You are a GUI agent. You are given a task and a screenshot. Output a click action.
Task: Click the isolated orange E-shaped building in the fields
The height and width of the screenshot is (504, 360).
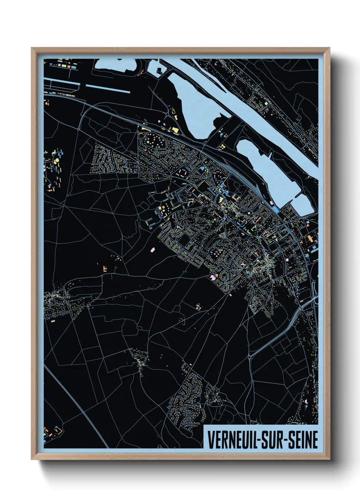[105, 268]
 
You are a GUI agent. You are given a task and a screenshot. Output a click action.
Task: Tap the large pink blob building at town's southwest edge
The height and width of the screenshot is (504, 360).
[214, 277]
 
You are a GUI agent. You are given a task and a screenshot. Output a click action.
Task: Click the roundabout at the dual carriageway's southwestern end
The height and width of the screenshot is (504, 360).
[250, 357]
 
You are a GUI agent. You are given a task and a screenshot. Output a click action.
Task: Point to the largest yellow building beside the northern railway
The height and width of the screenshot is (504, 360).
[176, 130]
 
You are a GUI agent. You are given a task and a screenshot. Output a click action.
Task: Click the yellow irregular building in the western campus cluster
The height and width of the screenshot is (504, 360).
[56, 160]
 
